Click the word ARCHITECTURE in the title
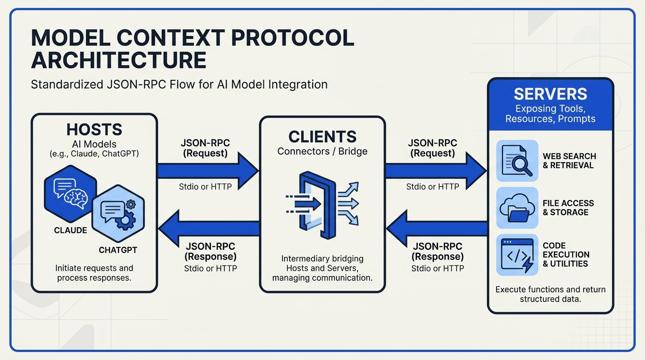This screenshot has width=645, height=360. (x=119, y=60)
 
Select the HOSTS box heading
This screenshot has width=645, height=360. (x=94, y=129)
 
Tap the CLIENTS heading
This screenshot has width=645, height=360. (x=322, y=136)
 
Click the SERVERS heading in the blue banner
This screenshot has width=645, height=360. (x=550, y=94)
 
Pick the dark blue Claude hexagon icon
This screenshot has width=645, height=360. (x=70, y=194)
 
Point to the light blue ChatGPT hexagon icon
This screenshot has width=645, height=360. (x=118, y=214)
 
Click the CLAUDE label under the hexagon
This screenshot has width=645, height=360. (x=70, y=231)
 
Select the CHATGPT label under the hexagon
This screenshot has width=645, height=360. (x=118, y=250)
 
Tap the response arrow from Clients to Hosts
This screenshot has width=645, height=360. (x=209, y=228)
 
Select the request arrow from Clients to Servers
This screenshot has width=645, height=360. (x=436, y=171)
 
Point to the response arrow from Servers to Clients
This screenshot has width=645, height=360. (x=437, y=228)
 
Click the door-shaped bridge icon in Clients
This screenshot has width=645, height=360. (x=318, y=205)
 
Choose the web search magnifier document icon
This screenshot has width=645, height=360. (x=517, y=161)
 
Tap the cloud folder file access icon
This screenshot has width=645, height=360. (x=517, y=208)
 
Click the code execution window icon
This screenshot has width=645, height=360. (x=517, y=255)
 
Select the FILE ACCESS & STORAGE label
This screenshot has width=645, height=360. (x=568, y=208)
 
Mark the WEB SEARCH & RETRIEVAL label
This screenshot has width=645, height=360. (x=569, y=161)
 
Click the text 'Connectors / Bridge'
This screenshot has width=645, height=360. (x=322, y=151)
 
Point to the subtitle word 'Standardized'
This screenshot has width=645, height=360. (x=67, y=85)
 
